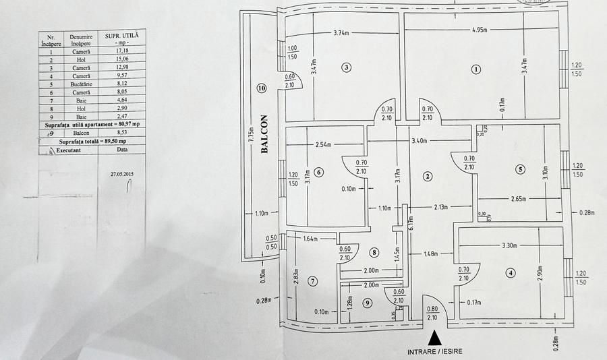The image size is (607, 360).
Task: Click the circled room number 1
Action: (x=476, y=69)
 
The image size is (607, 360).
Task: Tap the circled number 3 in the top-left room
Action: (x=346, y=67)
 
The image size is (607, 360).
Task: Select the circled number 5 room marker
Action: (x=519, y=169)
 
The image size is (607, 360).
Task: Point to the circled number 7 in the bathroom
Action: (x=313, y=280)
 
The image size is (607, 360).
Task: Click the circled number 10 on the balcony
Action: (x=261, y=88)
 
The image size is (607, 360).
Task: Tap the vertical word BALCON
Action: (x=264, y=136)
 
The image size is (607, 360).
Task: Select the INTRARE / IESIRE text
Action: (x=436, y=351)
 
